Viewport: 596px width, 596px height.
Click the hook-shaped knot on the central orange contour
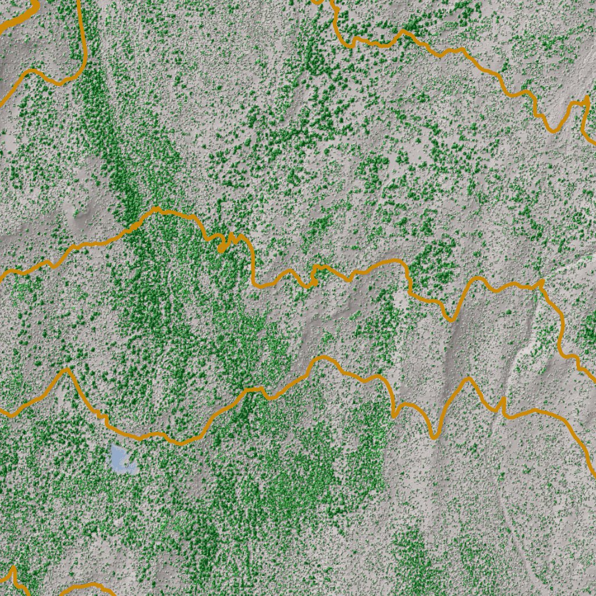tap(222, 248)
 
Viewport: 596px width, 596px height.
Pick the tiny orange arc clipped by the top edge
tap(317, 2)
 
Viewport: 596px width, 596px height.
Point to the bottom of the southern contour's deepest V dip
tap(433, 437)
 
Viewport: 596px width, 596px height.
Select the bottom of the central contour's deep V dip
tap(451, 319)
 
